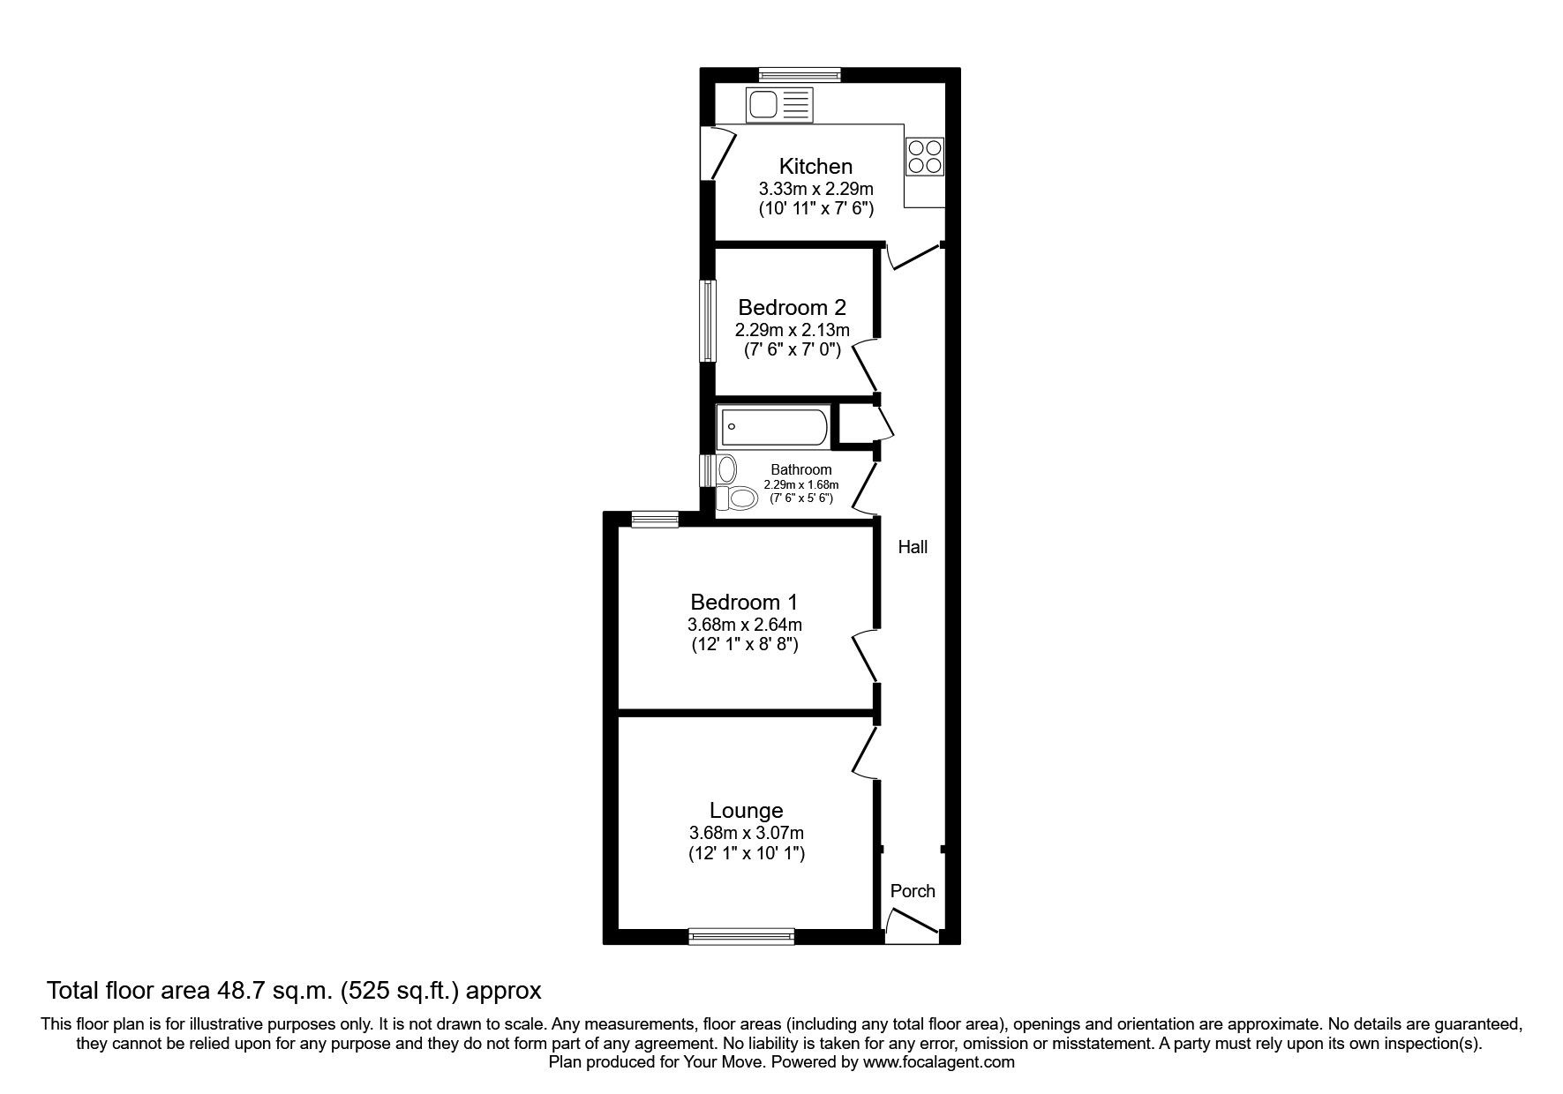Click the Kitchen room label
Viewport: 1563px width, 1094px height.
coord(815,166)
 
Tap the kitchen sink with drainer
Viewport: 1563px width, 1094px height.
coord(779,106)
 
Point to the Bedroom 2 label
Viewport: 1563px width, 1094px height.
coord(792,307)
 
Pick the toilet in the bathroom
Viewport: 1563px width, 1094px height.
coord(737,498)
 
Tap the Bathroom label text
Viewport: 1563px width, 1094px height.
coord(801,469)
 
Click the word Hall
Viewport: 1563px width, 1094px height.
coord(913,547)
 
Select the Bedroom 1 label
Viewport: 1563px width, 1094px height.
coord(744,602)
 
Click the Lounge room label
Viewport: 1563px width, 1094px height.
coord(747,810)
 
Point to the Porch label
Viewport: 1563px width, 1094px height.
coord(913,891)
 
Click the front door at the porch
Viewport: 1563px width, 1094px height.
coord(911,923)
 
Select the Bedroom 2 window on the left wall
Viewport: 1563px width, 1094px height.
coord(707,321)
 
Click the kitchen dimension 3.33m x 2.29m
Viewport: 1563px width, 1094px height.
coord(816,189)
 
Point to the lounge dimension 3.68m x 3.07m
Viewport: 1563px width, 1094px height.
coord(747,833)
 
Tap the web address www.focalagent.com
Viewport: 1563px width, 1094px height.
coord(939,1062)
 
